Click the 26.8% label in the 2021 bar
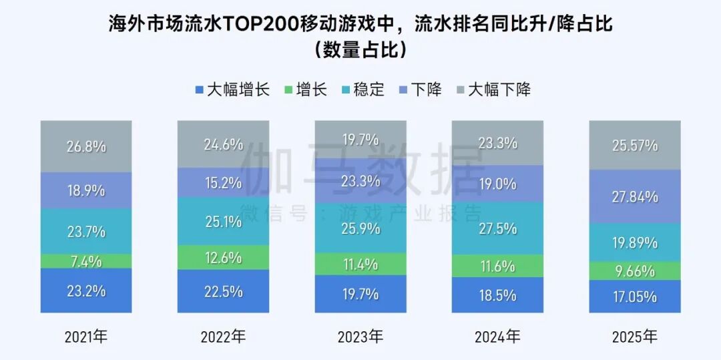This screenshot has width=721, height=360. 86,147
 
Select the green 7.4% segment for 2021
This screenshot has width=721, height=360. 86,261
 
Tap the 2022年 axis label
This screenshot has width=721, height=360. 223,337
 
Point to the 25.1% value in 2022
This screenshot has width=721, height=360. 223,222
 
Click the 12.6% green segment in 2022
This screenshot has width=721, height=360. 223,257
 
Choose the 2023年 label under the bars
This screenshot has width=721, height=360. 360,337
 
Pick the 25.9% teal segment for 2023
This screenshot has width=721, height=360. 360,228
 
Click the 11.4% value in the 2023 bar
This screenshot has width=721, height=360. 360,264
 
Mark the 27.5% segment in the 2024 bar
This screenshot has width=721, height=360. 497,228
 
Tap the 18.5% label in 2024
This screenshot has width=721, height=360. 497,295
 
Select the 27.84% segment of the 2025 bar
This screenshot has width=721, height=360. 635,196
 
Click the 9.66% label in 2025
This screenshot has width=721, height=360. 635,271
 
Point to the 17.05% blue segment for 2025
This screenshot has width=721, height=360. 635,297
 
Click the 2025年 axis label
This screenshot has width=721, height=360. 635,337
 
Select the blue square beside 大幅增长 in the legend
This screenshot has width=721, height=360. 198,89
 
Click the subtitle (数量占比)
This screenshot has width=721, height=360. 360,50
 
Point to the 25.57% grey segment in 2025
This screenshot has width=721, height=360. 635,146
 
